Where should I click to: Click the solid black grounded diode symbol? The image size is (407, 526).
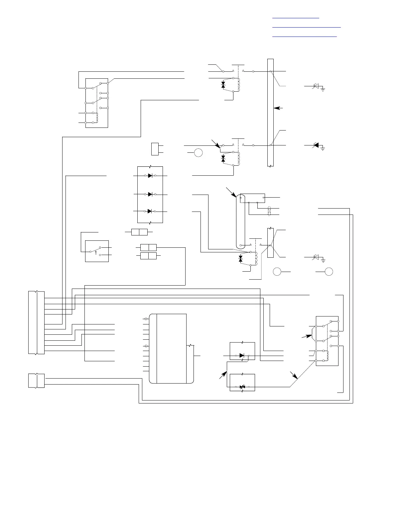point(316,145)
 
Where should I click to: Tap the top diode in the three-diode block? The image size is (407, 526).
point(150,175)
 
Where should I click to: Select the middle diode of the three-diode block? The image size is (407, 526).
point(150,194)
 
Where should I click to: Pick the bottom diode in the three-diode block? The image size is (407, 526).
point(150,211)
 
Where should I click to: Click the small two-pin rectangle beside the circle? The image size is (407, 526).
point(155,149)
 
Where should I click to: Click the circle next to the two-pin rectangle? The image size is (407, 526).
point(198,153)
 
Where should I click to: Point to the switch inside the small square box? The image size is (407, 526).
point(97,250)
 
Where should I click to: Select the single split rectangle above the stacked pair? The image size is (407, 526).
point(139,232)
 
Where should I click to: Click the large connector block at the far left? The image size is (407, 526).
point(37,322)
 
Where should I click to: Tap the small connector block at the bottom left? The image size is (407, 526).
point(36,381)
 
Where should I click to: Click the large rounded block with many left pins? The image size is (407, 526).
point(171,348)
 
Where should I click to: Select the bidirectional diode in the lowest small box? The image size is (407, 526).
point(242,387)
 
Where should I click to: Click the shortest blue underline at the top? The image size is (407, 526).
point(296,18)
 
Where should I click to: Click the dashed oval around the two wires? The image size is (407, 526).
point(270,212)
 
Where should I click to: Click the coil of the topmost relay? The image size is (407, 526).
point(238,84)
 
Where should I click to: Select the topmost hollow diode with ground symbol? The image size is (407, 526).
point(316,86)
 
